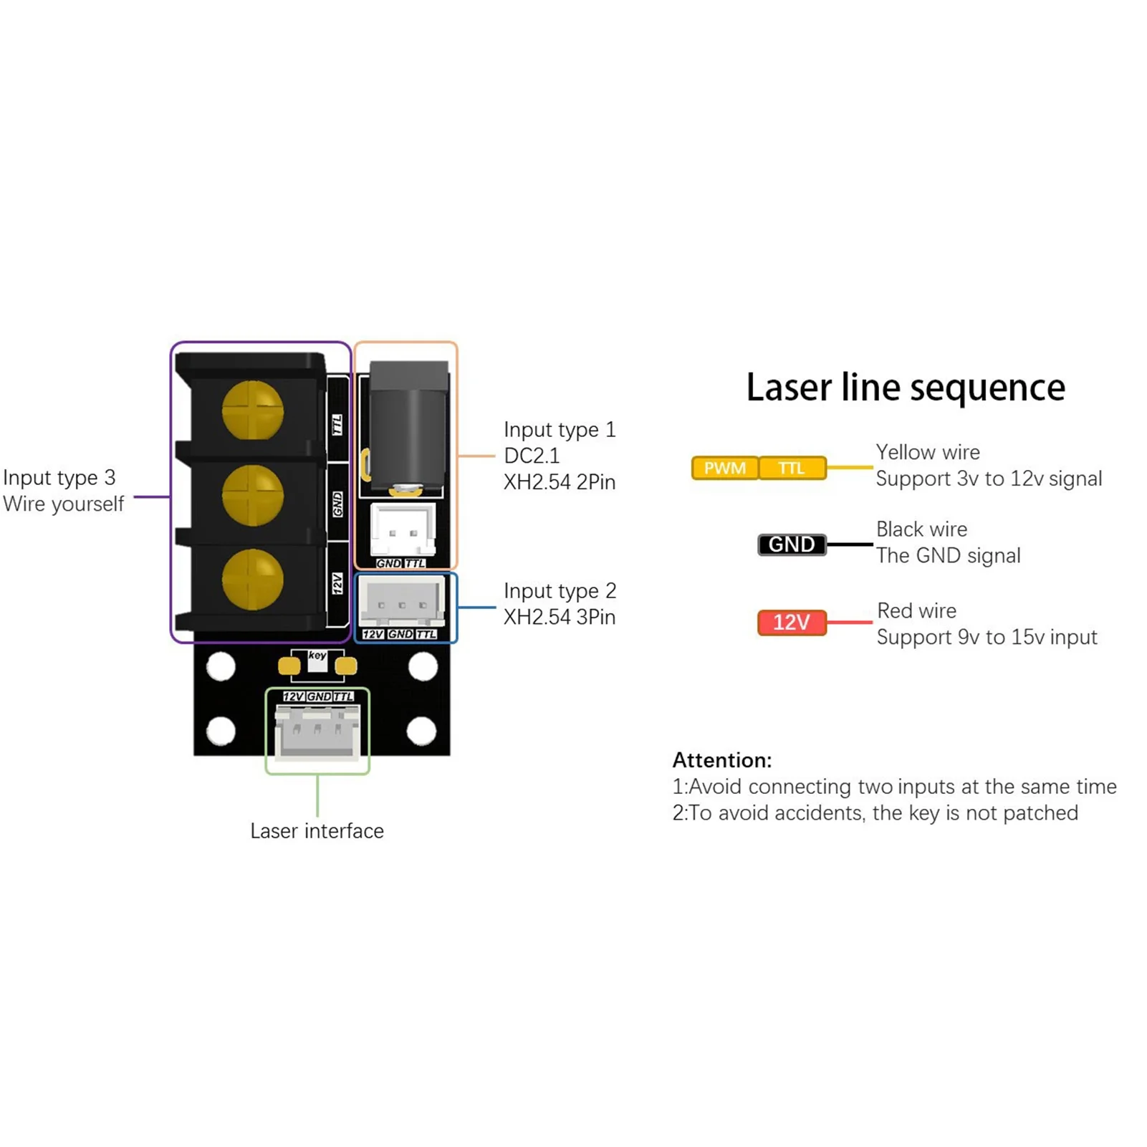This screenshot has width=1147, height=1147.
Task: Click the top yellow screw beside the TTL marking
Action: (x=252, y=411)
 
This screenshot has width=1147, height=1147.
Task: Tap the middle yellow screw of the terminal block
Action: (x=252, y=495)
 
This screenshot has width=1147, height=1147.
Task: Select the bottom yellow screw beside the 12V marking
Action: (x=252, y=579)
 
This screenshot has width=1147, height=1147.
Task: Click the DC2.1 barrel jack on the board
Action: (x=408, y=430)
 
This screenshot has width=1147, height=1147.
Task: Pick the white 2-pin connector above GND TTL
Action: (x=403, y=529)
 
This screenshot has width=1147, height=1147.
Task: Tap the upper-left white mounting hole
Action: (x=221, y=667)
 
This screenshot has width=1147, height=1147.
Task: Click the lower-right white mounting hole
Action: (x=421, y=731)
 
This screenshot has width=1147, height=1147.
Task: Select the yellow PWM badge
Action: (x=724, y=468)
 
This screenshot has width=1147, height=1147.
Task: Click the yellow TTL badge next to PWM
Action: (x=792, y=468)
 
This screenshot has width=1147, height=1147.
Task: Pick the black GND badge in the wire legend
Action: (x=792, y=544)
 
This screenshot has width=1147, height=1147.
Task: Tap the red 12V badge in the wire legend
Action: (x=792, y=622)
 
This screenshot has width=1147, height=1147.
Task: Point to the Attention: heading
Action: (x=722, y=760)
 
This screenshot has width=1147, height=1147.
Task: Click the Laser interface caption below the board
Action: (x=317, y=831)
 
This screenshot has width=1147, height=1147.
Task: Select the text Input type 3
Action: (x=59, y=478)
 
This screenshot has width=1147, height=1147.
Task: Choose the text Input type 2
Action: (x=560, y=591)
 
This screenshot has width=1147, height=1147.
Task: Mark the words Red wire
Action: (x=916, y=611)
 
